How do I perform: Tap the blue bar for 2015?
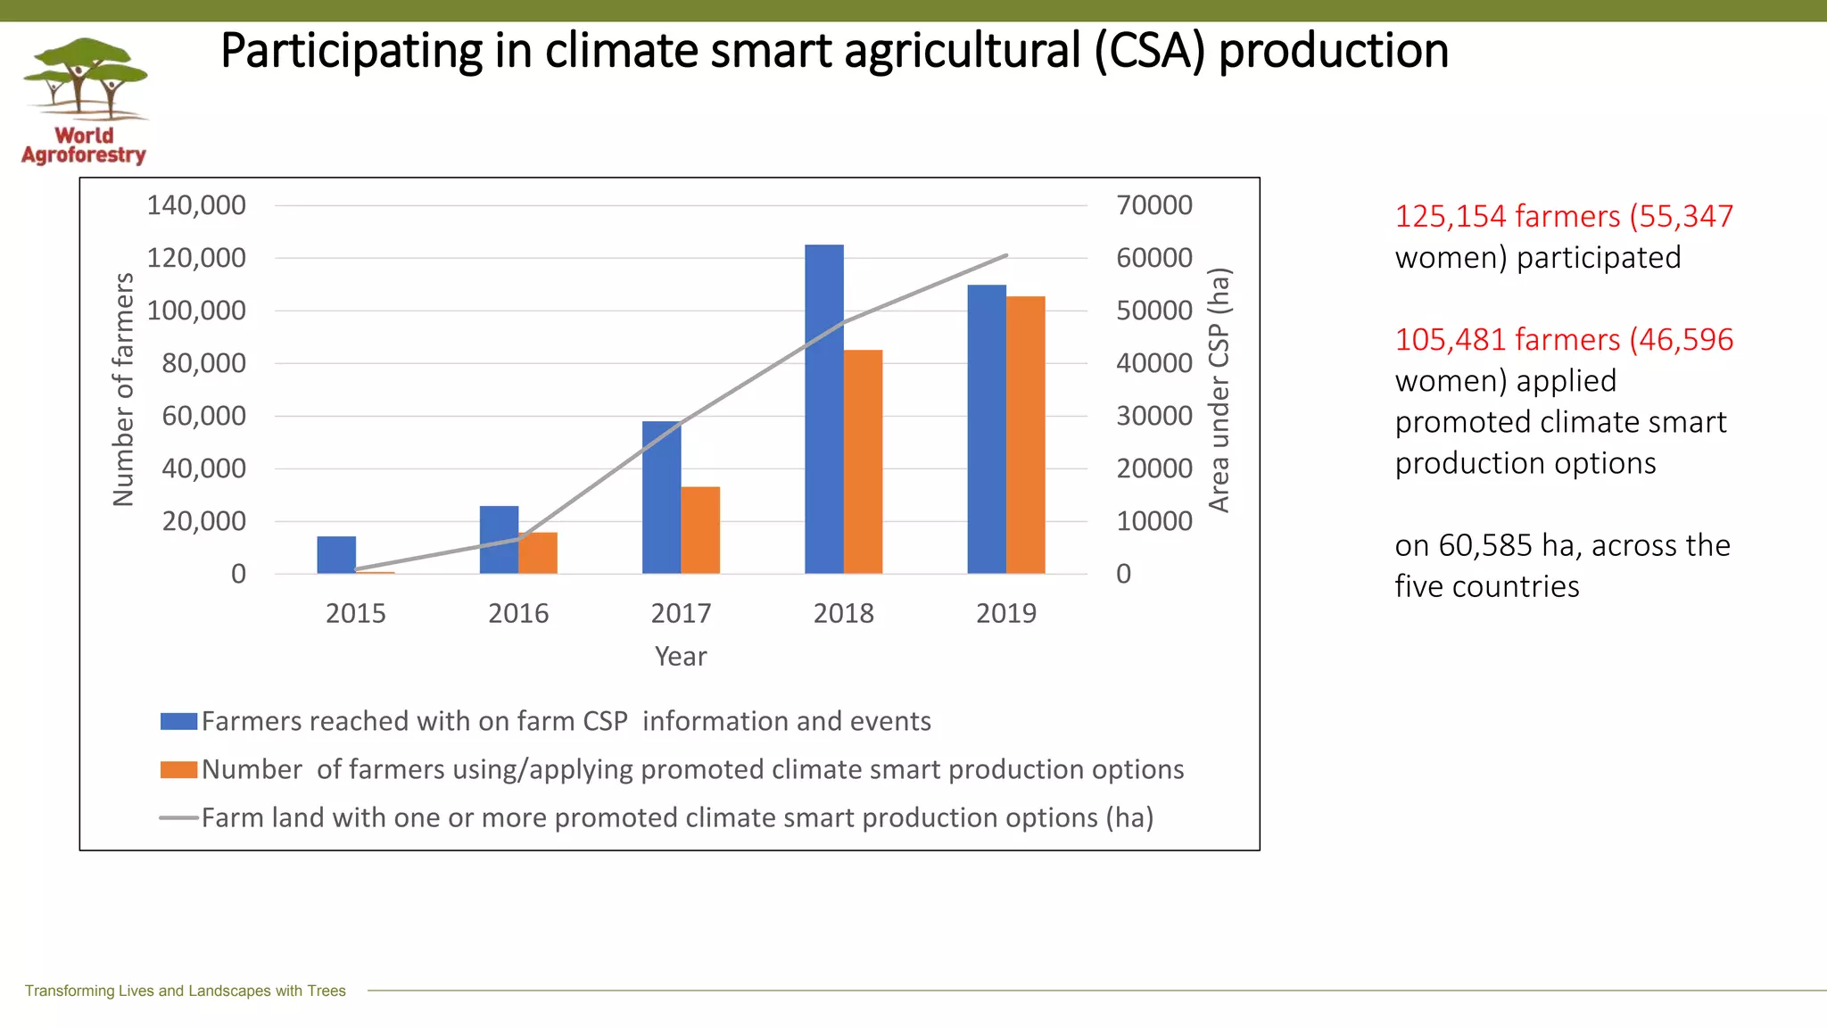tap(336, 555)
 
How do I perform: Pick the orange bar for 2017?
tap(700, 530)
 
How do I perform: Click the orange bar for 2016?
tap(538, 553)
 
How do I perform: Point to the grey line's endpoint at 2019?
tap(1006, 255)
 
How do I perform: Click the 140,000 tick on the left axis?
tap(196, 205)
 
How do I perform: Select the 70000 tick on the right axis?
tap(1153, 205)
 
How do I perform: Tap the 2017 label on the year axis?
tap(681, 613)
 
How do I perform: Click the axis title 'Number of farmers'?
tap(123, 389)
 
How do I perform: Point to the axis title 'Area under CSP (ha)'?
tap(1219, 389)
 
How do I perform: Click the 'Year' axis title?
tap(681, 656)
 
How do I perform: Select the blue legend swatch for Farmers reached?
tap(178, 721)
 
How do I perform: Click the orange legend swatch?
tap(178, 769)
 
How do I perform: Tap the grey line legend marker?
tap(178, 817)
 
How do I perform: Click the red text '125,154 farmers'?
tap(1507, 216)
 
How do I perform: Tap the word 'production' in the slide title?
tap(1333, 51)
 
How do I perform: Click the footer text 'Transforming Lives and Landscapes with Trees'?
tap(185, 991)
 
